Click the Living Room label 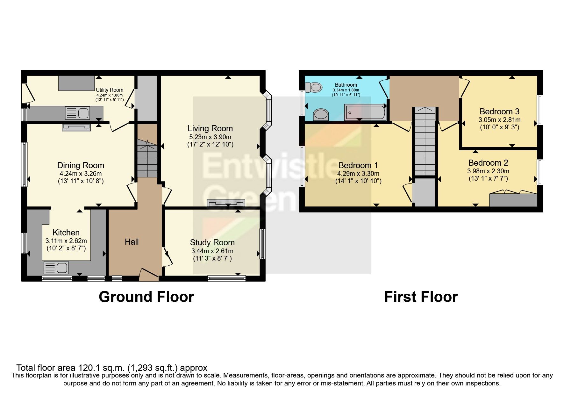210,128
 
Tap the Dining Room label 81,165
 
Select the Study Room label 212,242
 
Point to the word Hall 132,242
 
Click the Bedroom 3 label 499,111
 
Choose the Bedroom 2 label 488,163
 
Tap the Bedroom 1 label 358,165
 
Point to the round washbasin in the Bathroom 321,114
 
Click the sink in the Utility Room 77,113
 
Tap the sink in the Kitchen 56,268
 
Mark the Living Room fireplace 226,203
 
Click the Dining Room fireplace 76,127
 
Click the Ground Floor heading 146,297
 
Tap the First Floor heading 421,297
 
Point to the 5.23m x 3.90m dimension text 210,137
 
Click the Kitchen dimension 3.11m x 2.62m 66,241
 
